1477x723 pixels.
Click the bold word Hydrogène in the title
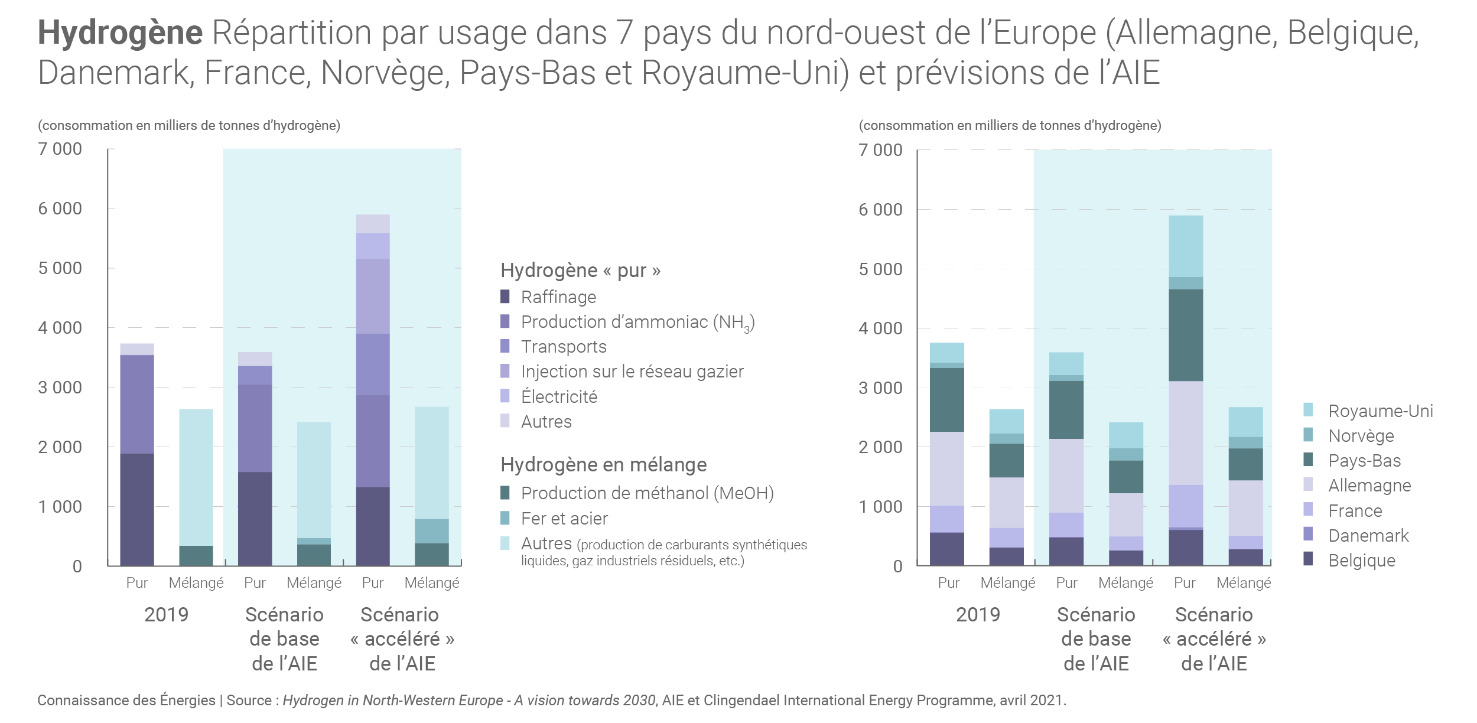(x=120, y=32)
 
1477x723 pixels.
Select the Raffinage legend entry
(x=558, y=297)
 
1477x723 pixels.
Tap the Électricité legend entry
(x=559, y=396)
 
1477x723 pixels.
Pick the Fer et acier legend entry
(x=564, y=518)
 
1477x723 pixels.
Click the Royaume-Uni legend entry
(x=1380, y=411)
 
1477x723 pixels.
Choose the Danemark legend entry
(x=1368, y=535)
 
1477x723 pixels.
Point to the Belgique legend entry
(x=1361, y=560)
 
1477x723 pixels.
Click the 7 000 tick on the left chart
(x=60, y=149)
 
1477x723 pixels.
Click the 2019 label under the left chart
(x=166, y=614)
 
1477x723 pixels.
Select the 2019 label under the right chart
(x=978, y=614)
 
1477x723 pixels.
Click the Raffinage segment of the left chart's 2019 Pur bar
(x=137, y=509)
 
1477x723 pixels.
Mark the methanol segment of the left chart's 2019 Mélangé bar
(x=196, y=555)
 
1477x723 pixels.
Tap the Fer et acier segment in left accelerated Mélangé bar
(x=432, y=531)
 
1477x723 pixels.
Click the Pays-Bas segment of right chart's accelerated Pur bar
(x=1186, y=335)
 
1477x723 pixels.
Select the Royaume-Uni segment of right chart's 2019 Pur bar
(x=947, y=353)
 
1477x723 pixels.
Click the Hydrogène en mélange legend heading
(x=603, y=465)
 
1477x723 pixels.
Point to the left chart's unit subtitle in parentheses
(x=189, y=125)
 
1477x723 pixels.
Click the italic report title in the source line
(x=469, y=700)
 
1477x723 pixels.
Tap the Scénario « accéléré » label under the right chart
(x=1214, y=639)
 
